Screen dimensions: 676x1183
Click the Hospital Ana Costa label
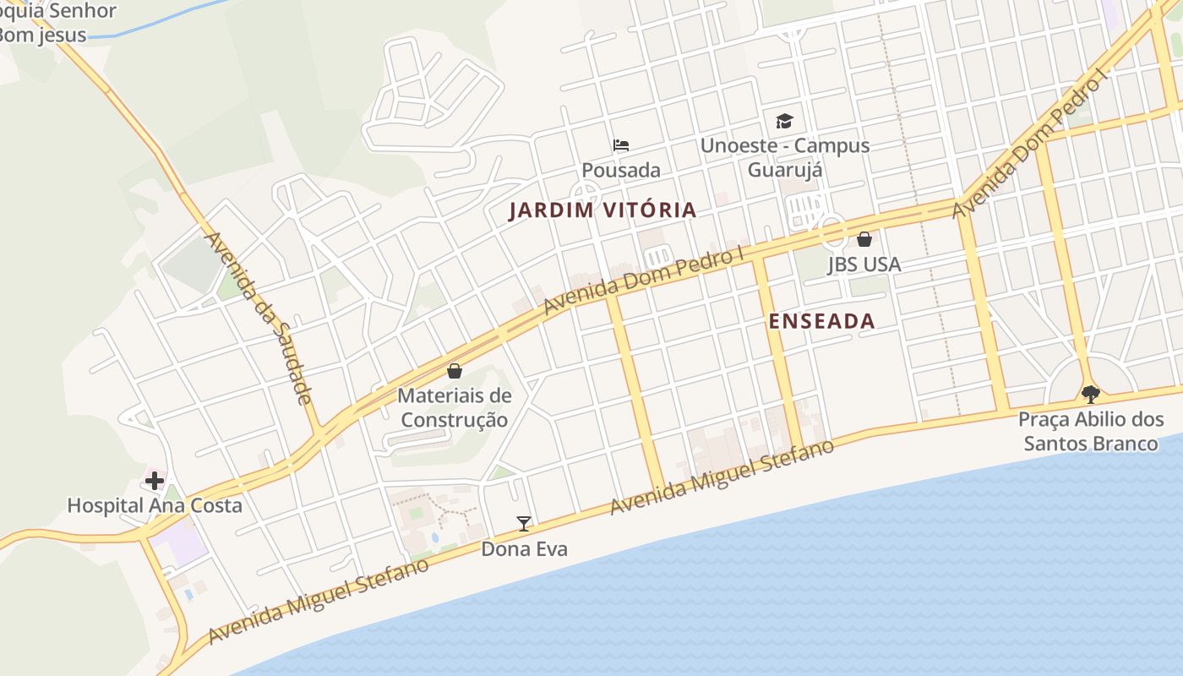pyautogui.click(x=155, y=505)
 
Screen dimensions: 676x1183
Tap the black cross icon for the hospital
pyautogui.click(x=154, y=481)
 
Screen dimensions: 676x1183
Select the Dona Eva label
pyautogui.click(x=524, y=549)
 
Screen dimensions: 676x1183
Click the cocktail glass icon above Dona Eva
pyautogui.click(x=524, y=524)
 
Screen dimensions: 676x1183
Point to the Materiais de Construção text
pyautogui.click(x=455, y=407)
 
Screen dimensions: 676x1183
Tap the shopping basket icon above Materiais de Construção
pyautogui.click(x=455, y=371)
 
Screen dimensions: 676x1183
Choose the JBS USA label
pyautogui.click(x=864, y=264)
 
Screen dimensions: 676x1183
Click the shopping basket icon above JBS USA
pyautogui.click(x=864, y=239)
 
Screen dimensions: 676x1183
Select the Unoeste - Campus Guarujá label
pyautogui.click(x=784, y=157)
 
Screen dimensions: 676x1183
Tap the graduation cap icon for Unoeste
pyautogui.click(x=785, y=121)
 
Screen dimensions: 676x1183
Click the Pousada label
pyautogui.click(x=621, y=170)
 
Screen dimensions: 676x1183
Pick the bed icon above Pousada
pyautogui.click(x=621, y=144)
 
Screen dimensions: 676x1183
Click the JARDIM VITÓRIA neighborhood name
pyautogui.click(x=602, y=210)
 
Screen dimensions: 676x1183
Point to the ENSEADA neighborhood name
pyautogui.click(x=821, y=321)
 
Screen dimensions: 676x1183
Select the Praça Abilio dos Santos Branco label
pyautogui.click(x=1090, y=431)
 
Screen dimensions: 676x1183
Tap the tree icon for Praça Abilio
pyautogui.click(x=1091, y=394)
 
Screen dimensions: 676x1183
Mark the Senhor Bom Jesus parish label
pyautogui.click(x=51, y=24)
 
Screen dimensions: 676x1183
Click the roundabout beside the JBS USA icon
pyautogui.click(x=831, y=230)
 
